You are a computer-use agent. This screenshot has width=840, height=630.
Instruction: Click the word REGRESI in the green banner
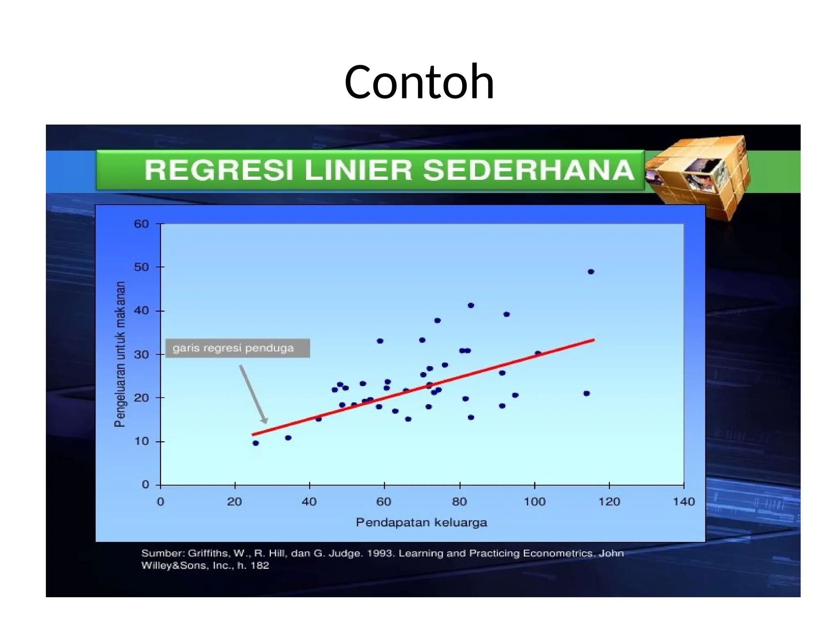click(219, 170)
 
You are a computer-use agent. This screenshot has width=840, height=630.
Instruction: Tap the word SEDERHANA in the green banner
click(529, 170)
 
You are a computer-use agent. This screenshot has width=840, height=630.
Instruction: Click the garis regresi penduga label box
click(237, 348)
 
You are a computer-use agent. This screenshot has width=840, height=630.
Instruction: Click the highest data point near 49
click(591, 272)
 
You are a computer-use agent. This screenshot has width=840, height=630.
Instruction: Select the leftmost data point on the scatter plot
click(256, 443)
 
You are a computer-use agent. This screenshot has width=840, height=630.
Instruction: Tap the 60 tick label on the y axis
click(142, 224)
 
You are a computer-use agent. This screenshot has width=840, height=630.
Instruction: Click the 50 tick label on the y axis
click(142, 267)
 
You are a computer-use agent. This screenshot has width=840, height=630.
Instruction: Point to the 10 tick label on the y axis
click(142, 441)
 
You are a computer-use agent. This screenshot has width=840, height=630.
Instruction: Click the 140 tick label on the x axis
click(684, 502)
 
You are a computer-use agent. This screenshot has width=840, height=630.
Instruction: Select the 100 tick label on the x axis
click(534, 502)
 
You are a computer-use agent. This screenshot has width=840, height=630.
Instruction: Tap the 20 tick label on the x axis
click(235, 502)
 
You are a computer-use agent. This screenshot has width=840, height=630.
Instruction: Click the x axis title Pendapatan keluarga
click(421, 523)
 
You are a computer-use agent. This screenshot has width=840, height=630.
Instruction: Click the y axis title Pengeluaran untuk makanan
click(119, 354)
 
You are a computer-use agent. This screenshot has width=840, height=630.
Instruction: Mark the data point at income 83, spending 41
click(471, 305)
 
